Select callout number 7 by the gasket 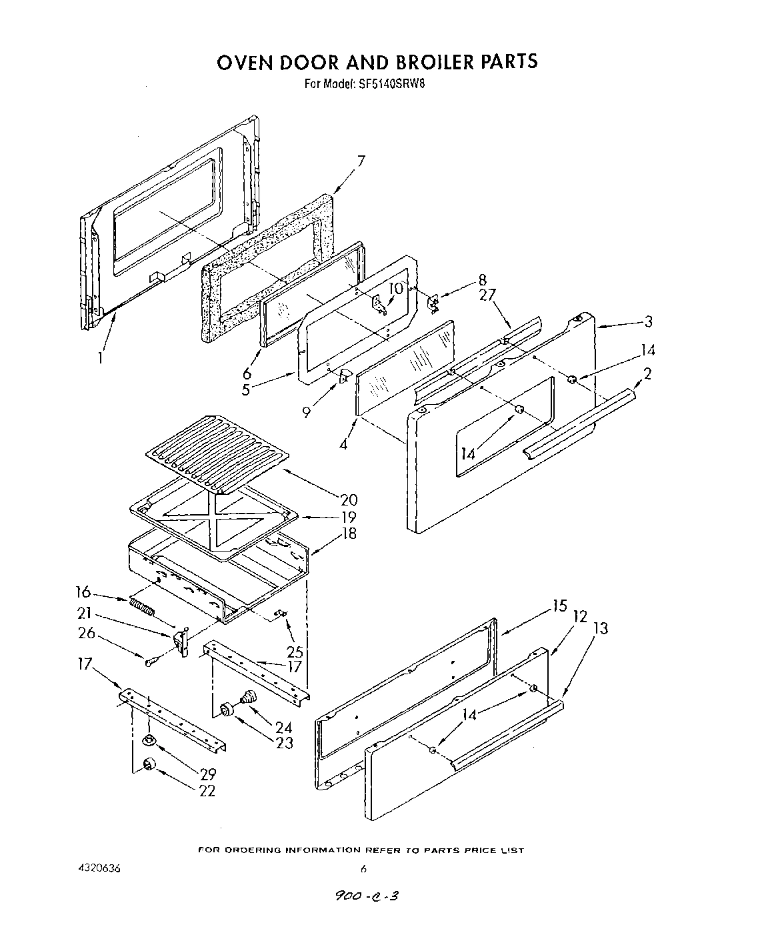click(361, 161)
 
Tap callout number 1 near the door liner click(99, 357)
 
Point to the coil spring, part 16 click(142, 607)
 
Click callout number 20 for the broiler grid click(348, 500)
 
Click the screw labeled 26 click(151, 662)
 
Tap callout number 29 click(207, 774)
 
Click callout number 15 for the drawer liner click(559, 606)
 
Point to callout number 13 click(600, 628)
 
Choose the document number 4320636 click(100, 869)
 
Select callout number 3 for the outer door click(648, 321)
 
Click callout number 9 click(306, 412)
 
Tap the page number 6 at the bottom click(363, 868)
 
